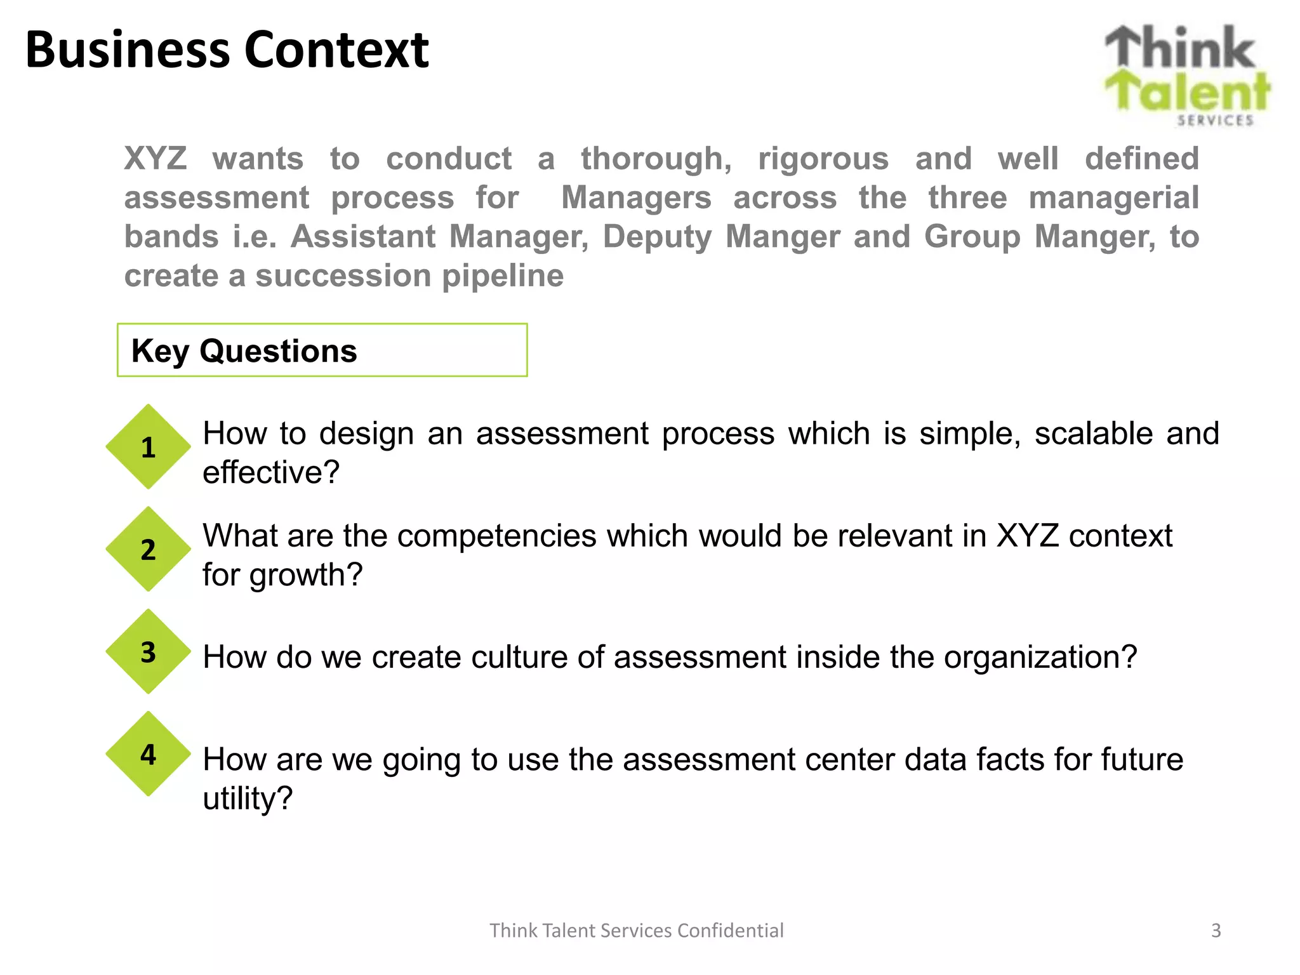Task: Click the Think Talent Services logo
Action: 1186,75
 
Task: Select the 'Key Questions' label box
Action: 322,350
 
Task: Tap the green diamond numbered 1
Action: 148,447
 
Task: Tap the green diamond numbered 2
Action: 148,549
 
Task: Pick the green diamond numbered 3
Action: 148,652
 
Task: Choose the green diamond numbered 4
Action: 148,754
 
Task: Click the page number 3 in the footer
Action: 1216,931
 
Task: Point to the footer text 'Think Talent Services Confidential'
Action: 636,931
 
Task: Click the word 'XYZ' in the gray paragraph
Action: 156,159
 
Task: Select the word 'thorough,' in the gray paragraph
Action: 656,159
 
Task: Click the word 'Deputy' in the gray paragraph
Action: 657,237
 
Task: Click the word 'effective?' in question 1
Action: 271,473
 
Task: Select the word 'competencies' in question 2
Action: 496,536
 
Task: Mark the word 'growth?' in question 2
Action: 305,575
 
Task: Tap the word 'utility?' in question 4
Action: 248,799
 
